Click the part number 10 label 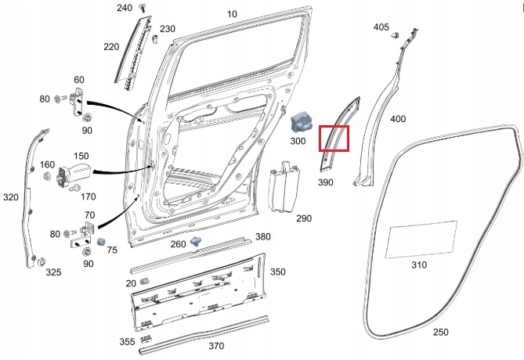[x=232, y=14]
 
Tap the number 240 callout [x=125, y=8]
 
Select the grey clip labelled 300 [x=302, y=122]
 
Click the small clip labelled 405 [x=396, y=35]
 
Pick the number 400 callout [x=398, y=119]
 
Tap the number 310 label [x=419, y=265]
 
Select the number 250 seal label [x=441, y=332]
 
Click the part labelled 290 [x=280, y=188]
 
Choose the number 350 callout [x=278, y=272]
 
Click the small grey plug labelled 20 [x=145, y=280]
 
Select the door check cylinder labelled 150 [x=78, y=167]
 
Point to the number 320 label [x=10, y=197]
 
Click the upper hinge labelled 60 [x=80, y=101]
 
